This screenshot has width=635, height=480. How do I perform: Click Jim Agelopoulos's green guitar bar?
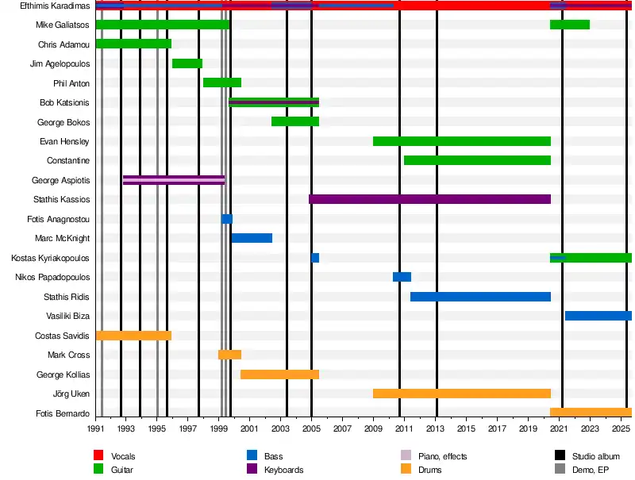(187, 63)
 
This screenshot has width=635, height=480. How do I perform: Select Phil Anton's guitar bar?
(222, 83)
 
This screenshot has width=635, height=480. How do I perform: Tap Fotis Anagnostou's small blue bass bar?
(227, 219)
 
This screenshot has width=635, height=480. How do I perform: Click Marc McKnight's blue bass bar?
(252, 238)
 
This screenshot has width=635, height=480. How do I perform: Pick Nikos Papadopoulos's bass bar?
(402, 277)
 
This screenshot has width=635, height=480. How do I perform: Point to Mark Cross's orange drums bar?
(229, 355)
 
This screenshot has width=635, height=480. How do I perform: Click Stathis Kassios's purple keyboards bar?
(429, 199)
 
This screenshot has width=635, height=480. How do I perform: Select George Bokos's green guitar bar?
(295, 121)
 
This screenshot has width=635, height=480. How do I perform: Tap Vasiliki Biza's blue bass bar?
(598, 316)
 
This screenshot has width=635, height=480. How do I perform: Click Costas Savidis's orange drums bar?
(133, 336)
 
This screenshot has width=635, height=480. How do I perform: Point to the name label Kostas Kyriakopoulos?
(51, 258)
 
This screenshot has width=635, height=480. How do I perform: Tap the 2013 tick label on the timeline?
(436, 429)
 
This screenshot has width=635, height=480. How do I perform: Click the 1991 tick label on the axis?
(96, 429)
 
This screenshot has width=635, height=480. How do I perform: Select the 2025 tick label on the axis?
(622, 429)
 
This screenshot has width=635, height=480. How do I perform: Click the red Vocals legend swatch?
(99, 455)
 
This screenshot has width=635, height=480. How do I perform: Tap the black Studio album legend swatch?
(560, 455)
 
